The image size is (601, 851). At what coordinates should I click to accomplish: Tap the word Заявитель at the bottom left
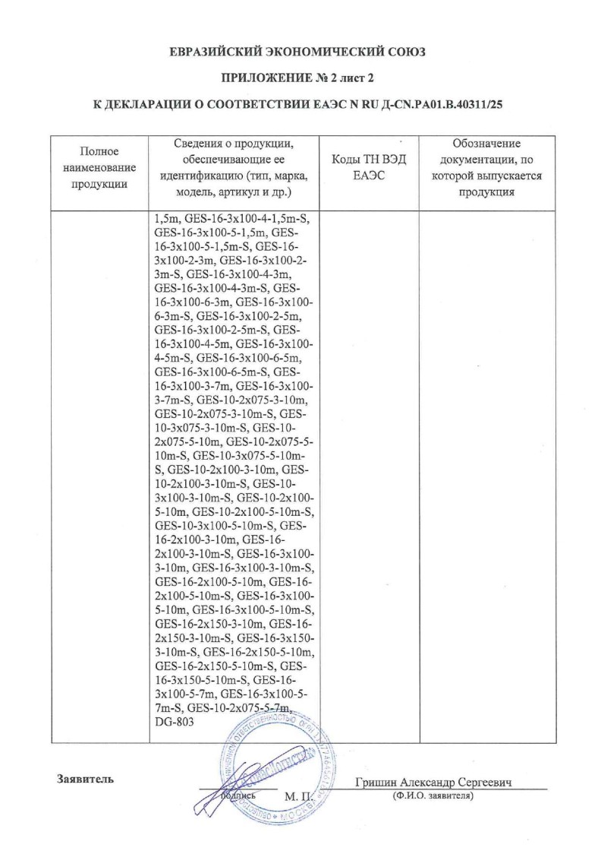click(x=85, y=779)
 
